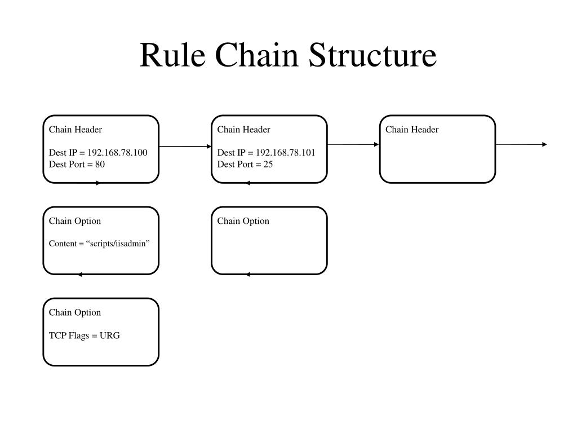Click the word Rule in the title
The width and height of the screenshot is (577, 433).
tap(172, 55)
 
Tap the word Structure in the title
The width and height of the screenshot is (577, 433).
tap(372, 55)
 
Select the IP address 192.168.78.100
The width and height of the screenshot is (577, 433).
tap(117, 153)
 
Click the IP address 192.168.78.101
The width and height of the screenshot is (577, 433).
tap(286, 153)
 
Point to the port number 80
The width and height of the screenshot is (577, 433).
tap(100, 164)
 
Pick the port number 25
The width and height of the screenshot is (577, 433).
tap(268, 164)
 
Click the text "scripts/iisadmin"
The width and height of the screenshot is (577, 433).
tap(118, 244)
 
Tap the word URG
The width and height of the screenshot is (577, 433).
tap(110, 335)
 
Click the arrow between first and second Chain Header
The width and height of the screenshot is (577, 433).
tap(185, 147)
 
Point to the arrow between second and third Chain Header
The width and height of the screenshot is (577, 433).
tap(353, 144)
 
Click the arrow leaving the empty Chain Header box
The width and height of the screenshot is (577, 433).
tap(521, 144)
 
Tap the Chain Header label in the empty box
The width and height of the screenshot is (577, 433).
tap(412, 130)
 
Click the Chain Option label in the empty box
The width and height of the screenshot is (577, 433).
tap(243, 221)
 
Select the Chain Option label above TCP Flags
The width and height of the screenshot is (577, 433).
tap(75, 312)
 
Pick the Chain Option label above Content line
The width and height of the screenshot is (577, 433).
tap(75, 221)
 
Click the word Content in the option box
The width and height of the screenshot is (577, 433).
tap(63, 244)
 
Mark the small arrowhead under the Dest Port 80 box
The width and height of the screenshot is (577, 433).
tap(98, 183)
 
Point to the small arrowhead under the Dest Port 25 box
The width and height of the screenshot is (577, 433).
tap(248, 183)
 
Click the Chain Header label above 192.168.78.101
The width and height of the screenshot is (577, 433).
tap(243, 130)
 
